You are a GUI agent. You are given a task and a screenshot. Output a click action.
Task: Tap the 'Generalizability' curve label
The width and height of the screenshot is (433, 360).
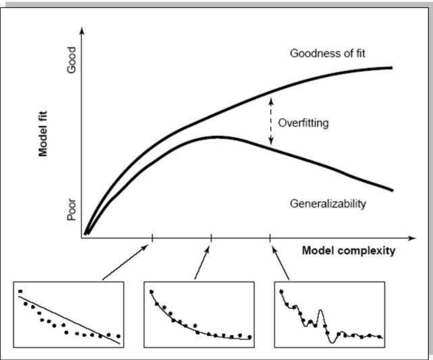click(327, 203)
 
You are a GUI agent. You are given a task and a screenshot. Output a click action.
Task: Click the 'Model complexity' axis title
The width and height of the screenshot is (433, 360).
click(349, 250)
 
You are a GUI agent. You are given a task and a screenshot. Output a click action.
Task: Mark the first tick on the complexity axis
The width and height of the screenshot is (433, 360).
click(152, 238)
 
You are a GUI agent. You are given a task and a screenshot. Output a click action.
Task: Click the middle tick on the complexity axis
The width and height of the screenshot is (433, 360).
click(211, 238)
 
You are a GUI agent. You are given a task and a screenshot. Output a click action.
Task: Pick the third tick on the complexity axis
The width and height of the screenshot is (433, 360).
click(270, 238)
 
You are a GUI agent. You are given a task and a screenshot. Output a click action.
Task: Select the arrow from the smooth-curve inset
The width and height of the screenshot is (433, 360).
click(203, 264)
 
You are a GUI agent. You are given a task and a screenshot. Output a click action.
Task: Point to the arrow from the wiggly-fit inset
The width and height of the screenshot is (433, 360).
click(281, 264)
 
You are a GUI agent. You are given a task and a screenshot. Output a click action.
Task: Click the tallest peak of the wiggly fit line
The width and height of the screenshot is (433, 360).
click(321, 310)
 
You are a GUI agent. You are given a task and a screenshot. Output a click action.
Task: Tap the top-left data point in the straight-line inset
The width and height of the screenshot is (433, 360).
click(20, 291)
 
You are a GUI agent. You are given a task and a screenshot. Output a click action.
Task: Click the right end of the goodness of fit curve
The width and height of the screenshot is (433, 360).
click(391, 68)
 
